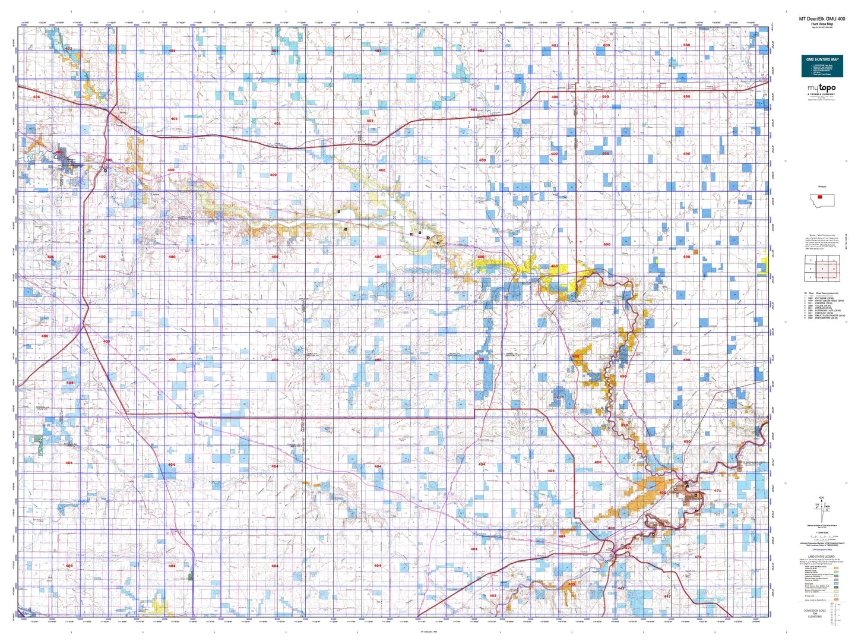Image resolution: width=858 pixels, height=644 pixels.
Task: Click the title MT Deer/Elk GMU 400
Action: point(821,19)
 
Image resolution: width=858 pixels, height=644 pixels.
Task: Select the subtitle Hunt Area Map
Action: point(821,24)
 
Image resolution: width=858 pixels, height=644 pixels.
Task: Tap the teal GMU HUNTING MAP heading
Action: point(822,59)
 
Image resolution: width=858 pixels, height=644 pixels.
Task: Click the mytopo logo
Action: point(821,88)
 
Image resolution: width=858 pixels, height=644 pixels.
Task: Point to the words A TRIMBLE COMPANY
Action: point(821,94)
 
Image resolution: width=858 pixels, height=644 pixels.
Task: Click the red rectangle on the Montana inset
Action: point(820,197)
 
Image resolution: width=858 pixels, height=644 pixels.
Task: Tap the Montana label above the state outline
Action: point(822,187)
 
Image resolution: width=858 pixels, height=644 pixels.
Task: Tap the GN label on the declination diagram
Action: point(821,497)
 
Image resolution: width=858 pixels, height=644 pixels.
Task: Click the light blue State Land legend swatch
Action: point(836,585)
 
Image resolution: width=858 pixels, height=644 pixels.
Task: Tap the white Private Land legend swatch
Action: point(836,595)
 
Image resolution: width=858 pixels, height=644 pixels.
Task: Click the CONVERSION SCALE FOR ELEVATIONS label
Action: point(815,613)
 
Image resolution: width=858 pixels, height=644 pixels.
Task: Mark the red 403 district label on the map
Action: point(68,49)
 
